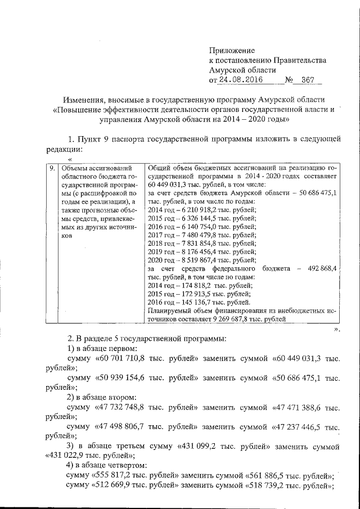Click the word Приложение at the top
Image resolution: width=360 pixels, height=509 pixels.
[232, 50]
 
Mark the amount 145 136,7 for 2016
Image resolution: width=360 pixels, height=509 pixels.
[193, 303]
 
